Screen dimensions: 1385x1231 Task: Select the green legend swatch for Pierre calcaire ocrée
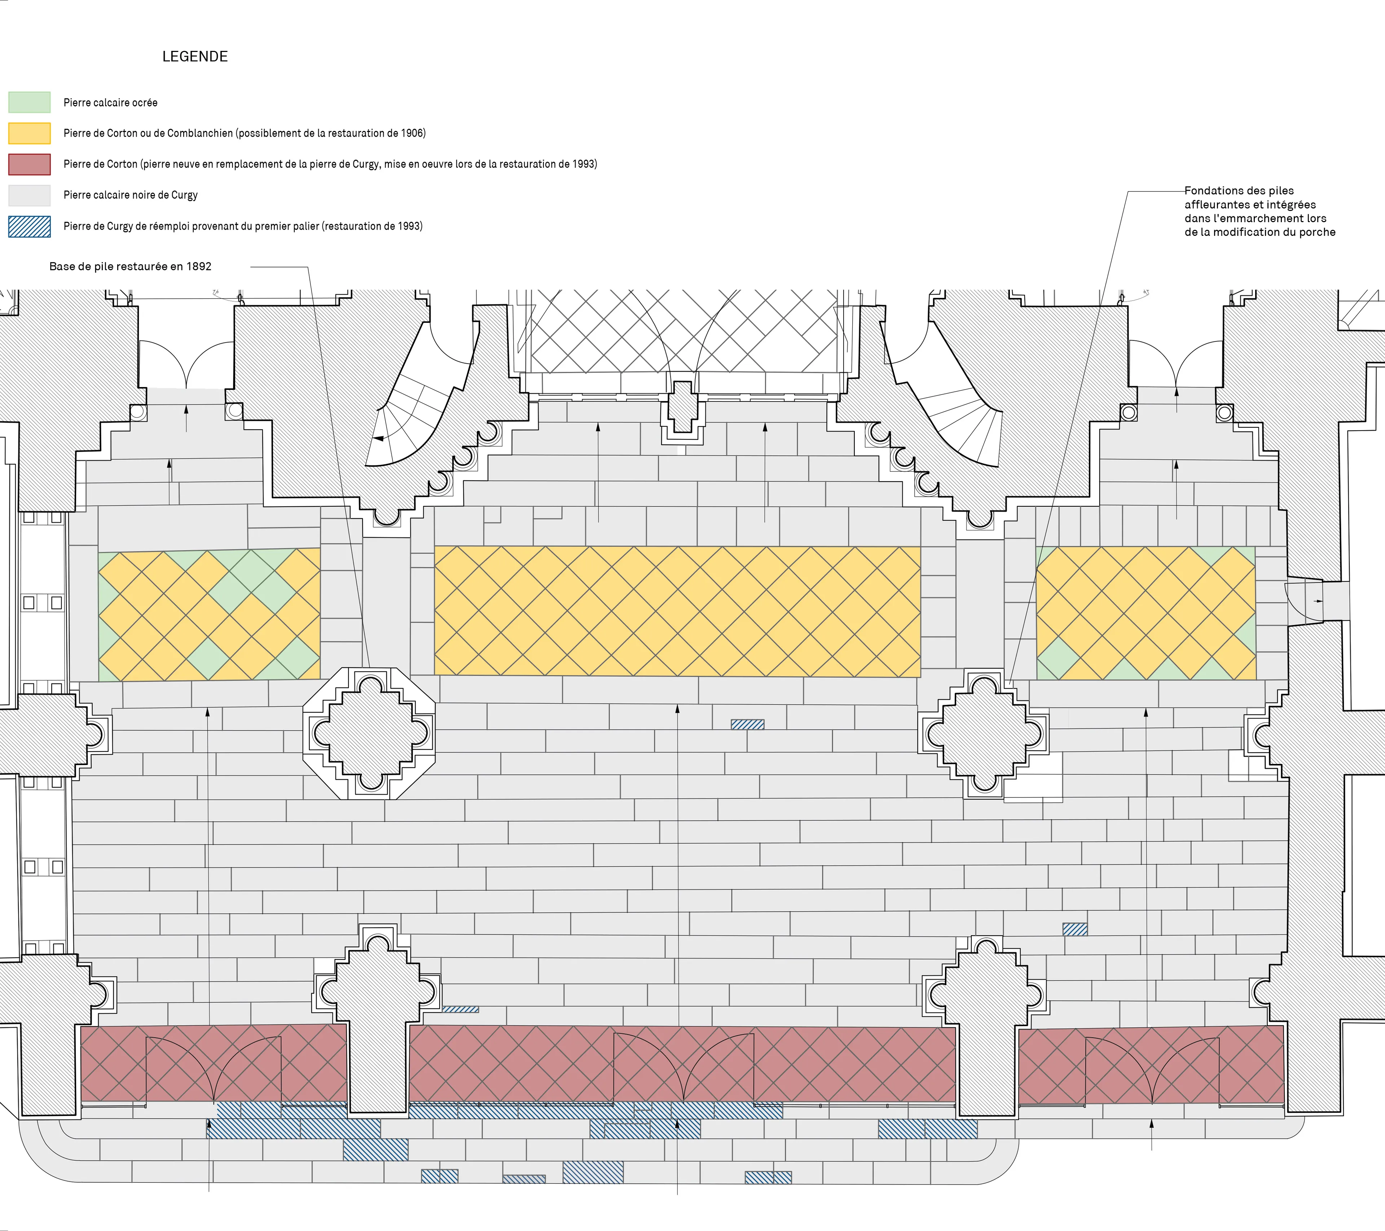pos(29,102)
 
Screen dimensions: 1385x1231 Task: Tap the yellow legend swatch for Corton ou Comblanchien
pos(29,133)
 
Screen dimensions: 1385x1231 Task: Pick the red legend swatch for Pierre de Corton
pos(29,164)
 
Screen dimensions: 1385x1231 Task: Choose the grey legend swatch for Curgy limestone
pos(29,195)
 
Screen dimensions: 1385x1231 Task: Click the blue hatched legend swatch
pos(29,226)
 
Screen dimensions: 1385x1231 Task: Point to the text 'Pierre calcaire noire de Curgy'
pos(131,195)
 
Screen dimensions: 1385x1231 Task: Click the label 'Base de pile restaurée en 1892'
pos(130,266)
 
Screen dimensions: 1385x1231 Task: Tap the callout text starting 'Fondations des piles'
pos(1259,211)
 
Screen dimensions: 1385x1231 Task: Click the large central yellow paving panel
pos(677,611)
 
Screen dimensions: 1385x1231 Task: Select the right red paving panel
pos(1151,1064)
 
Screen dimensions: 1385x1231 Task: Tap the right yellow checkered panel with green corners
pos(1146,613)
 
